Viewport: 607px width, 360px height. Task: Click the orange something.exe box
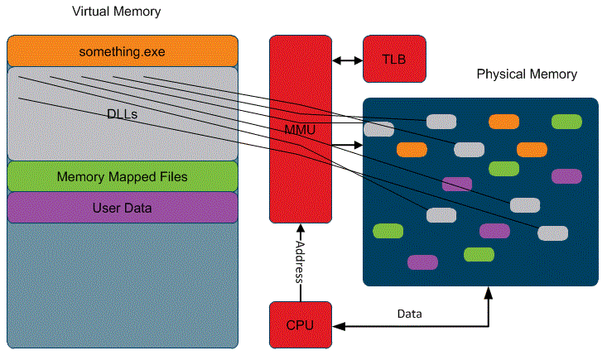(x=123, y=51)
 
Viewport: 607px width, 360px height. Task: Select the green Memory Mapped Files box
(x=123, y=176)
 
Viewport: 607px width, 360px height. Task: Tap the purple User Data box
(x=123, y=207)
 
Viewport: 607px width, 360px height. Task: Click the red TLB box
(x=394, y=60)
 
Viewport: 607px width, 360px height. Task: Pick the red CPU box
(x=300, y=324)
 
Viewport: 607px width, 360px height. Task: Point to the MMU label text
(x=300, y=131)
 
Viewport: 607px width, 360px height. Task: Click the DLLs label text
(x=123, y=114)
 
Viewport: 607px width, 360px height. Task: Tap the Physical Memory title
(x=527, y=74)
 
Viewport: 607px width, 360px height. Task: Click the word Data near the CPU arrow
(x=409, y=314)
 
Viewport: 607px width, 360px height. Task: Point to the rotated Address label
(x=300, y=262)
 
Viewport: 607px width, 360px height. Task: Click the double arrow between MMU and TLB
(x=347, y=60)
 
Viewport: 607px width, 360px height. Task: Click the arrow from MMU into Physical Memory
(x=346, y=146)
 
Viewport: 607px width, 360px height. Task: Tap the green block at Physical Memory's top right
(x=566, y=122)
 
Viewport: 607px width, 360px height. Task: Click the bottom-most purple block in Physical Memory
(x=422, y=262)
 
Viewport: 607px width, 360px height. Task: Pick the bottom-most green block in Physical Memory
(x=479, y=254)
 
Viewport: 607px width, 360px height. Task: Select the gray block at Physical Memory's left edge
(x=379, y=129)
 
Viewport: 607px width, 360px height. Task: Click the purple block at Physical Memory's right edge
(x=566, y=175)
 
